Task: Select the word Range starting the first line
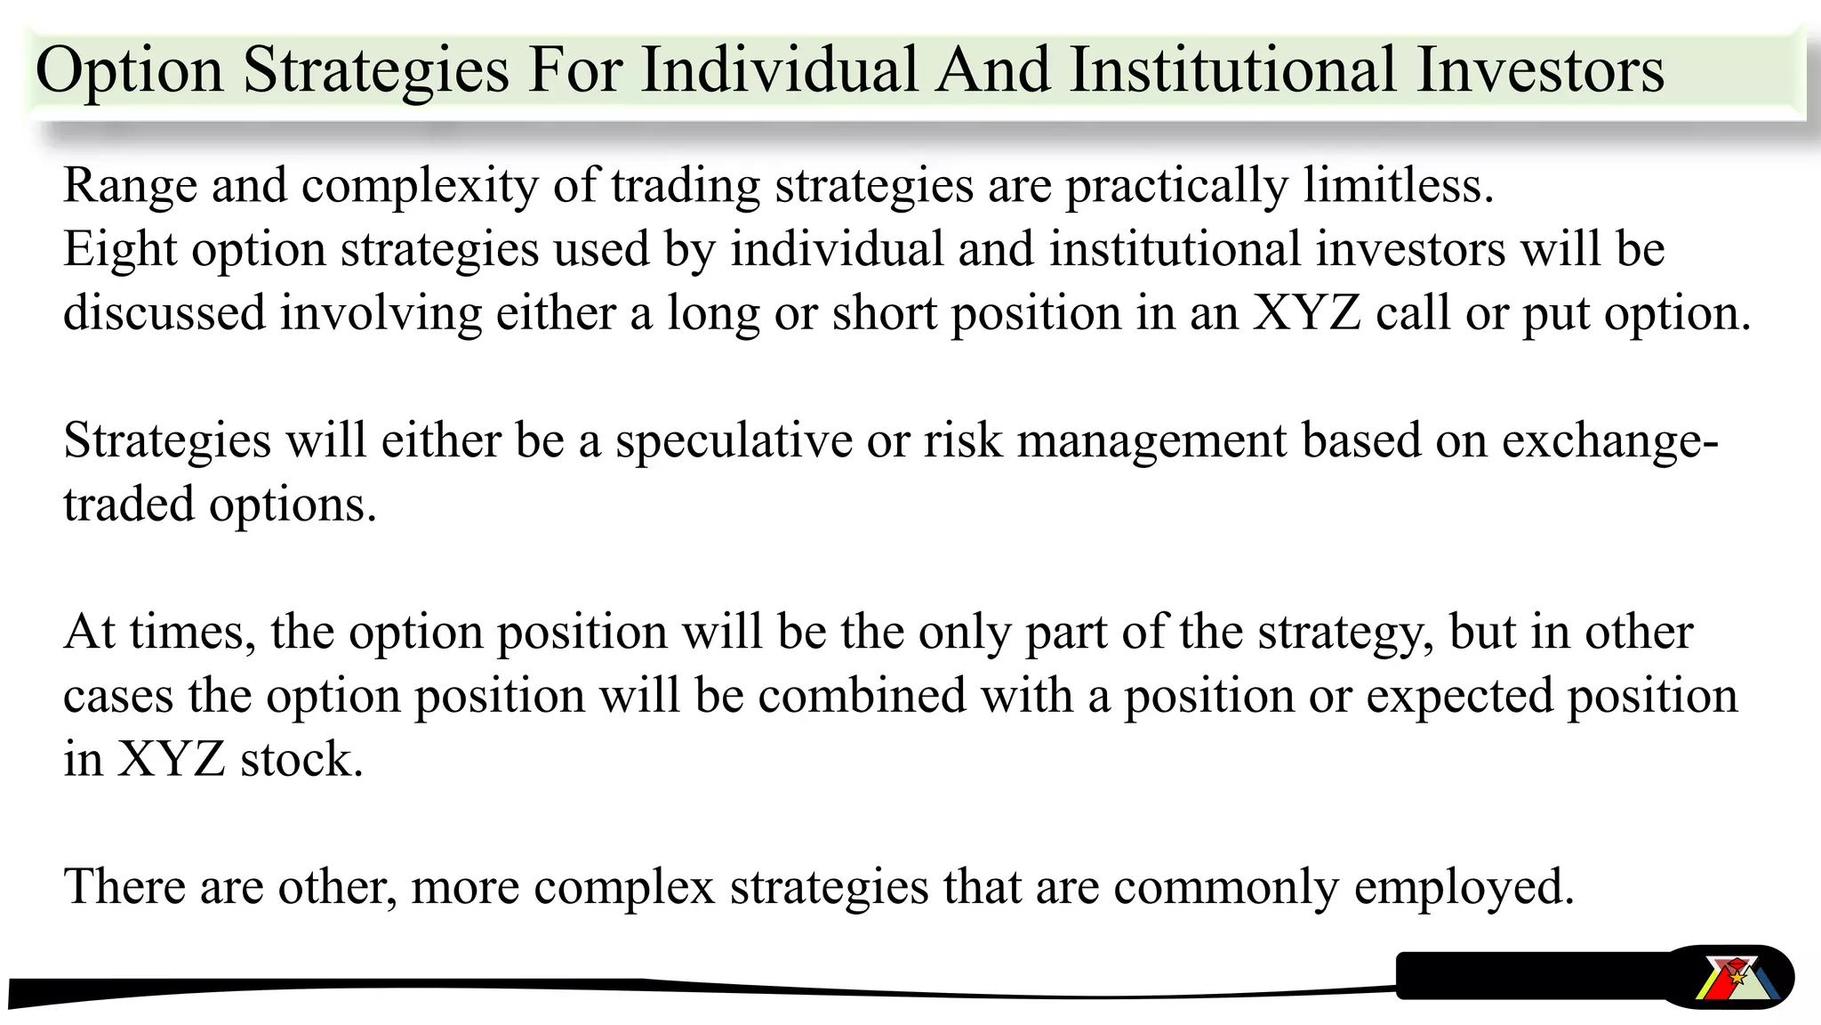pyautogui.click(x=130, y=187)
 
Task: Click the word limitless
pyautogui.click(x=1399, y=185)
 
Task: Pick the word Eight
pyautogui.click(x=120, y=250)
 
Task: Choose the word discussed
pyautogui.click(x=164, y=313)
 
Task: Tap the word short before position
pyautogui.click(x=885, y=313)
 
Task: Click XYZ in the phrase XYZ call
pyautogui.click(x=1306, y=313)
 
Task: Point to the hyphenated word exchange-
pyautogui.click(x=1610, y=441)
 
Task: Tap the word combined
pyautogui.click(x=862, y=696)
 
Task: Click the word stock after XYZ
pyautogui.click(x=301, y=760)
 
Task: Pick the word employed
pyautogui.click(x=1464, y=888)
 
